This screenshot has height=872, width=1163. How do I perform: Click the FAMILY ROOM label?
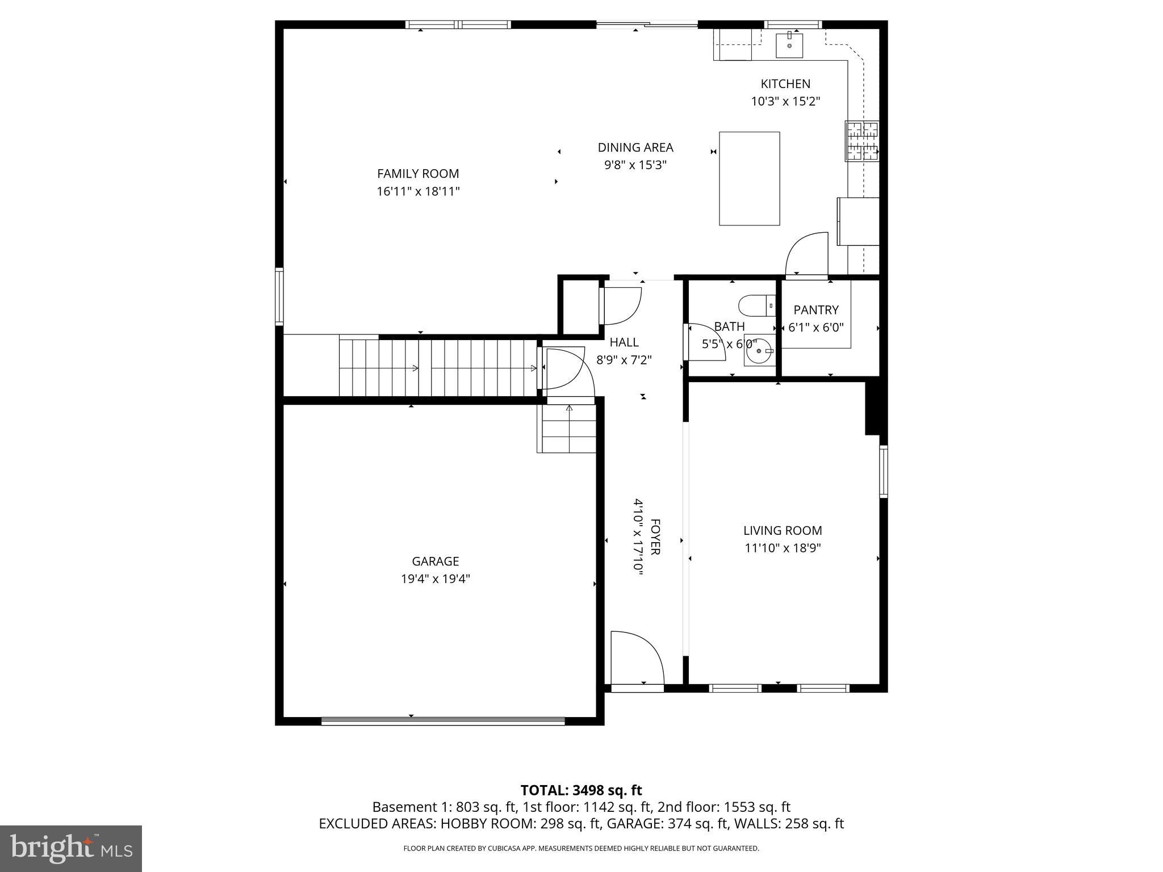pyautogui.click(x=418, y=174)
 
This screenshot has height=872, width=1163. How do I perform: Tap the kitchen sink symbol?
pyautogui.click(x=789, y=45)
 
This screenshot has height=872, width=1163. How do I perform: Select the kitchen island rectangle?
pyautogui.click(x=749, y=179)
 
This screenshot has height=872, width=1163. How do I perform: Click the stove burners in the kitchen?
pyautogui.click(x=862, y=141)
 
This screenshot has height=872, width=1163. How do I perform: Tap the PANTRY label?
pyautogui.click(x=816, y=310)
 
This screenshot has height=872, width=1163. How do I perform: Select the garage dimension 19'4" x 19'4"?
pyautogui.click(x=436, y=579)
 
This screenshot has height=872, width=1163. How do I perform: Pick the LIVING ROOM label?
pyautogui.click(x=783, y=531)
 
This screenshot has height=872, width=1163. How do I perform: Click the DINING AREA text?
pyautogui.click(x=635, y=148)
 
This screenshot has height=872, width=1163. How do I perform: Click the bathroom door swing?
pyautogui.click(x=704, y=342)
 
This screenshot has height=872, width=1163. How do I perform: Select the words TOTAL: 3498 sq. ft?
pyautogui.click(x=581, y=790)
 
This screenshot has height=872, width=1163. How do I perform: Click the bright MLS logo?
pyautogui.click(x=71, y=848)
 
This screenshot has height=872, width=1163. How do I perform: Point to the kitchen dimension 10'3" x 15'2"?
pyautogui.click(x=785, y=102)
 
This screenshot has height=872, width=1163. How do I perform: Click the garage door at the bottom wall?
pyautogui.click(x=443, y=721)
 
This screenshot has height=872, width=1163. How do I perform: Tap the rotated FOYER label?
pyautogui.click(x=655, y=536)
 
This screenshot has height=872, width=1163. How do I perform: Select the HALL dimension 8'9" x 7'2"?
pyautogui.click(x=624, y=360)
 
